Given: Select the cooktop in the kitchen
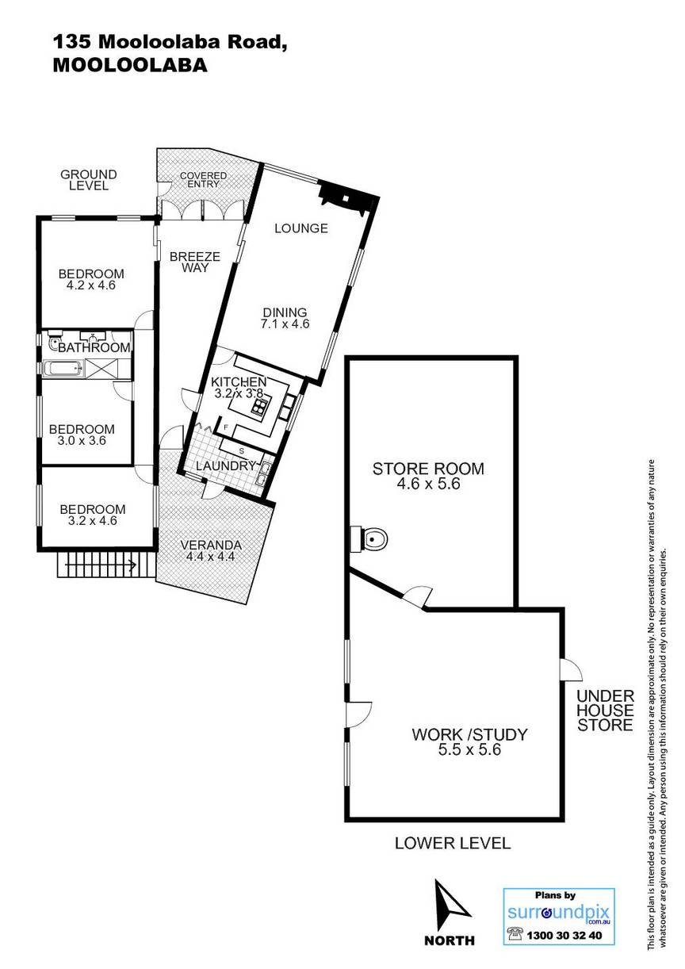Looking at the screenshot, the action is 259,408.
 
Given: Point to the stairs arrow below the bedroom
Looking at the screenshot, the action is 101,565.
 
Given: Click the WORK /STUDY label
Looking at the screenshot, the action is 469,734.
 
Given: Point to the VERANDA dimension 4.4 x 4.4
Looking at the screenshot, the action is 210,557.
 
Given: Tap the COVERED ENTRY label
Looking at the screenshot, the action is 203,179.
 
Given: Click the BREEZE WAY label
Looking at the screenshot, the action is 195,262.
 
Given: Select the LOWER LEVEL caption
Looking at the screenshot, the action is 453,843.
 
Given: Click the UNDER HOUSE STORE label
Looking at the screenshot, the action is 606,710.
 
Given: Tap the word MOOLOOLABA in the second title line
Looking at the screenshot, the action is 130,65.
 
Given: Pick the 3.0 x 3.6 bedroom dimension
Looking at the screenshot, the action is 82,441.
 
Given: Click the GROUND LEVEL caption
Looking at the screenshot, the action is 89,180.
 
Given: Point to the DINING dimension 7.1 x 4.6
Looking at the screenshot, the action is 285,324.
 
